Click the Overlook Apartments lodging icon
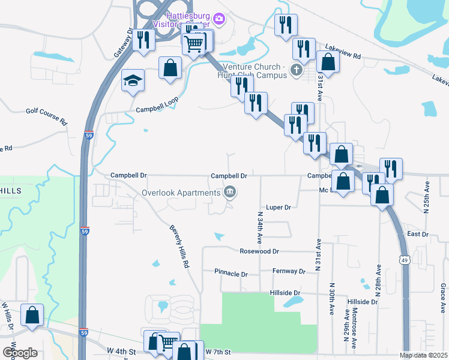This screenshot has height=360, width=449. tap(229, 193)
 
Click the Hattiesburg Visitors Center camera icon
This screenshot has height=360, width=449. tap(219, 20)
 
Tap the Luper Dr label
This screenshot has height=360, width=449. tap(279, 207)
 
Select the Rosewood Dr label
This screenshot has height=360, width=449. tap(259, 251)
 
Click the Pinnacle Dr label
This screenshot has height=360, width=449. tap(231, 274)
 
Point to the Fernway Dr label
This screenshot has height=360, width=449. tap(289, 271)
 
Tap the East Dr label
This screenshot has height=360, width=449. tap(417, 234)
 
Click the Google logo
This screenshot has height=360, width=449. tap(20, 352)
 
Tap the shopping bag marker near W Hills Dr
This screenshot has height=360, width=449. tap(32, 315)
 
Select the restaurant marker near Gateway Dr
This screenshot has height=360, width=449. tap(143, 40)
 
